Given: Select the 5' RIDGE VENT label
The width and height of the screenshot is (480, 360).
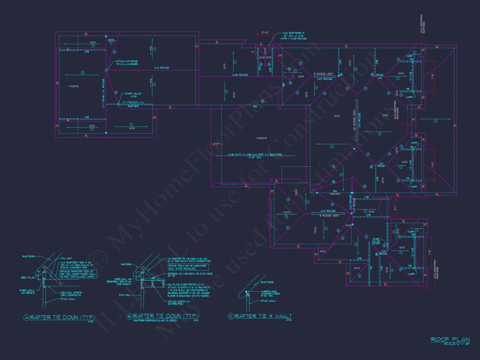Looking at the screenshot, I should click(323, 74).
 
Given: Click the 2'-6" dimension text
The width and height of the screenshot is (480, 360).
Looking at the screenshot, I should click(218, 144).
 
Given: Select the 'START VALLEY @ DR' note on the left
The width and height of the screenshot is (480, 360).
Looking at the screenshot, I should click(133, 95).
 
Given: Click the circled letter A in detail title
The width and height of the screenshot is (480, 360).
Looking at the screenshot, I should click(27, 317).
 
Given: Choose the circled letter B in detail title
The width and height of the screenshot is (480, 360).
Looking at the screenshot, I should click(129, 316).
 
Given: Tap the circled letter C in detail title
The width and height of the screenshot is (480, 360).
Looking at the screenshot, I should click(231, 316).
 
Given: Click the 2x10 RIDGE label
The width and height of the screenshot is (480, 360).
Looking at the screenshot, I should click(240, 75).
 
